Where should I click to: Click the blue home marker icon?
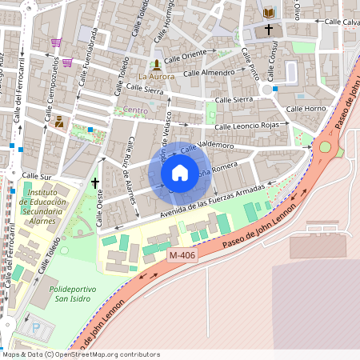180,173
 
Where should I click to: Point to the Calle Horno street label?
306,109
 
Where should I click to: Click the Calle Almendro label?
209,73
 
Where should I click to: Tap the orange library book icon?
269,13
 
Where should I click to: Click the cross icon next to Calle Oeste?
95,183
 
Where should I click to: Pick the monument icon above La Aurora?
155,63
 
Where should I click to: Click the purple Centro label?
135,110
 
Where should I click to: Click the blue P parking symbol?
34,327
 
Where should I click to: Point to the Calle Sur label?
36,175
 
